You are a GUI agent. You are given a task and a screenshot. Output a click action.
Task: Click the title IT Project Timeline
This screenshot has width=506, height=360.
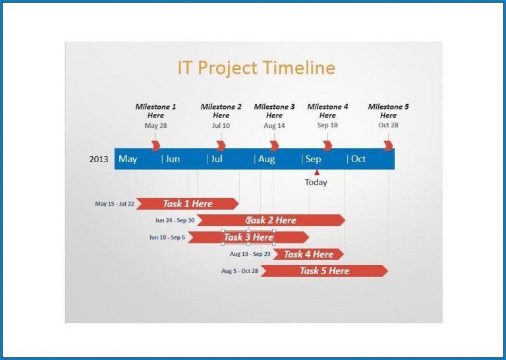point(256,68)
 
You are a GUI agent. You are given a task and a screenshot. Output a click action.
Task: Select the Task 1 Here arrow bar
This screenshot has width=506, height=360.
point(187,204)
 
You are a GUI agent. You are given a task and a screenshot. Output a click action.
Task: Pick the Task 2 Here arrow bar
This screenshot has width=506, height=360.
point(271,220)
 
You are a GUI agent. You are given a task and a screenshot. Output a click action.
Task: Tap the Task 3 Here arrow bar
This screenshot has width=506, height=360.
point(248,237)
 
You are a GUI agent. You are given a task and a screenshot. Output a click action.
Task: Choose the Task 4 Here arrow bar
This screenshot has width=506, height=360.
point(308,254)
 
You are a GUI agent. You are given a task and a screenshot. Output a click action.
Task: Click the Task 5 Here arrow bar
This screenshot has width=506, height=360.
point(323,271)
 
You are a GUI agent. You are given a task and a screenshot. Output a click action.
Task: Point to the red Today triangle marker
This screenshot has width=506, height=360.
point(316,173)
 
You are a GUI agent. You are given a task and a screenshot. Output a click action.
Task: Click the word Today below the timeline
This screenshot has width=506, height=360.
point(316,183)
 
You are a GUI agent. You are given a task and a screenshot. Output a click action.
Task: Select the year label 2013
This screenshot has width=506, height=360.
point(99,159)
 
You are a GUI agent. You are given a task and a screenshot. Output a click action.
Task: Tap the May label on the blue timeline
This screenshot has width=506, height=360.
point(128,159)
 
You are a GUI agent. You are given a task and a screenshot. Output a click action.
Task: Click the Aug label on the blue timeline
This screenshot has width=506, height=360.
point(266,159)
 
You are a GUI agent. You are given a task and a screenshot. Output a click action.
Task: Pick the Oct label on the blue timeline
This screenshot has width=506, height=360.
point(358,159)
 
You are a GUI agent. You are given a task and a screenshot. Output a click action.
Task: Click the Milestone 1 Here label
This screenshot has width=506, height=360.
point(155,111)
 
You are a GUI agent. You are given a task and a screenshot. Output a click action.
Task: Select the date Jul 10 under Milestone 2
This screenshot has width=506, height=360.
point(221,125)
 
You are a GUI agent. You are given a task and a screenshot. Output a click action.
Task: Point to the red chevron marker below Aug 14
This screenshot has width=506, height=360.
point(274,145)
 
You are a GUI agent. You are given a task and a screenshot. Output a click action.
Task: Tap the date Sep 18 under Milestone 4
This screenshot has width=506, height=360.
point(327,125)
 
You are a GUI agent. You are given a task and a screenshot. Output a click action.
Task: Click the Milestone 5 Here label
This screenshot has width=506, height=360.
point(388,111)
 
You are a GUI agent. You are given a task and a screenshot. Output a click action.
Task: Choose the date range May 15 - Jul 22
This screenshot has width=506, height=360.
point(114,204)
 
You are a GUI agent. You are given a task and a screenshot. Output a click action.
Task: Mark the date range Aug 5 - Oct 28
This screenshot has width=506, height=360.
point(240,271)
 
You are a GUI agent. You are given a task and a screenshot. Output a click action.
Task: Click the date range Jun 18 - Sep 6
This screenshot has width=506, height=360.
point(167,237)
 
